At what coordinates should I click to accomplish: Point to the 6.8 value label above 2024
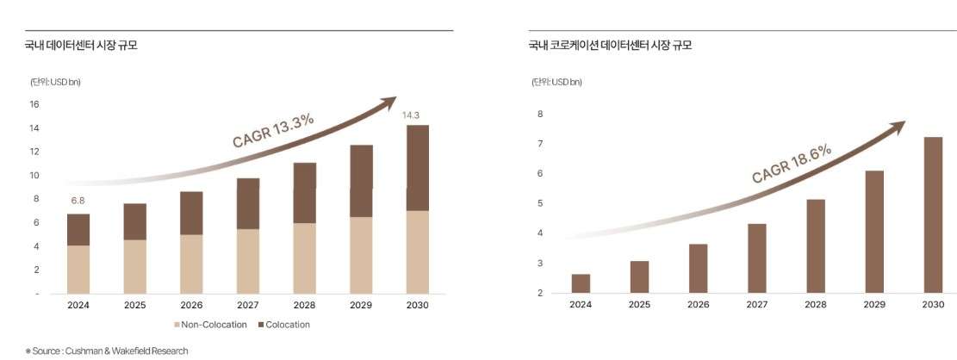click(78, 202)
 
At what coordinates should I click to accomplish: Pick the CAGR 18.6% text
click(792, 164)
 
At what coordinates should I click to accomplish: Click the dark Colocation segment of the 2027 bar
click(248, 203)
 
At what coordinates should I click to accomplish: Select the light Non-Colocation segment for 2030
click(417, 251)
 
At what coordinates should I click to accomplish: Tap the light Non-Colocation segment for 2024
click(78, 269)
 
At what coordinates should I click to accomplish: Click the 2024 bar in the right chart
click(581, 283)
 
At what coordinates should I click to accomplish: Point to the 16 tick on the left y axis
click(34, 104)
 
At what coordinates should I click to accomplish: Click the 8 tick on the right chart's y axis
click(540, 114)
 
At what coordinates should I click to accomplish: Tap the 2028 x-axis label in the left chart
click(304, 305)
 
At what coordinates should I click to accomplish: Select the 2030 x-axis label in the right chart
click(932, 304)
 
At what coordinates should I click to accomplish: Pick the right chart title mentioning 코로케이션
click(610, 46)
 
